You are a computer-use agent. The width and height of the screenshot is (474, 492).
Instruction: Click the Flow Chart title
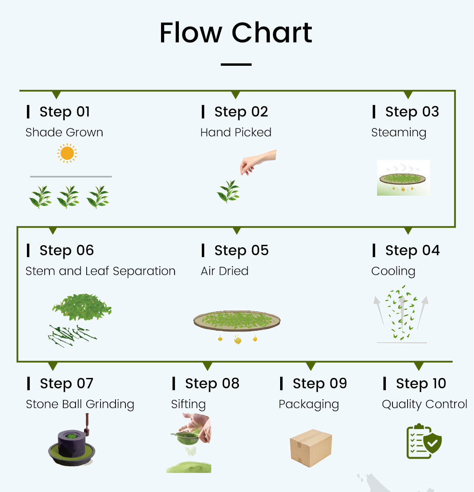tap(236, 33)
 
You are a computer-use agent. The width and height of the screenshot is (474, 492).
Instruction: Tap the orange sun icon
tap(67, 153)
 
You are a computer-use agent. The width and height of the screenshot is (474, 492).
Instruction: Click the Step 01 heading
tap(64, 112)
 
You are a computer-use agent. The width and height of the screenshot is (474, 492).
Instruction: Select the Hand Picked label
tap(235, 132)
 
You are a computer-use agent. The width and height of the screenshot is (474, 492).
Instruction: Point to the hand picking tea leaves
tap(258, 162)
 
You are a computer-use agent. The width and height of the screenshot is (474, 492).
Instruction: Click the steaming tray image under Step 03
tap(403, 178)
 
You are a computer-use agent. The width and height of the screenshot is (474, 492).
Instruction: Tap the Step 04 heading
tap(412, 250)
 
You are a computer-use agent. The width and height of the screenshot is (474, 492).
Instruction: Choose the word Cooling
tap(393, 271)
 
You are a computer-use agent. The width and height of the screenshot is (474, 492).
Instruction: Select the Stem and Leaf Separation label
tap(100, 271)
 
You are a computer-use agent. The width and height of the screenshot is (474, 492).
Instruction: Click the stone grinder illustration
tap(72, 440)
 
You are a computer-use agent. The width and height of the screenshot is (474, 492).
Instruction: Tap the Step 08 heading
tap(212, 383)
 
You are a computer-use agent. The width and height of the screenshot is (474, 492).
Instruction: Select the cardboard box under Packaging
tap(311, 448)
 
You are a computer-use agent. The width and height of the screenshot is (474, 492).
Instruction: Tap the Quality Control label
tap(425, 404)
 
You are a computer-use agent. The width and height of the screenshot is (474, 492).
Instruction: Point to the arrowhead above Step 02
tap(235, 95)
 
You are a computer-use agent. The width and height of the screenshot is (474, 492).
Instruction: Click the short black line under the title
tap(236, 65)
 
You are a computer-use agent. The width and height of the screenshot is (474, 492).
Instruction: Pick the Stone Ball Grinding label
tap(80, 404)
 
